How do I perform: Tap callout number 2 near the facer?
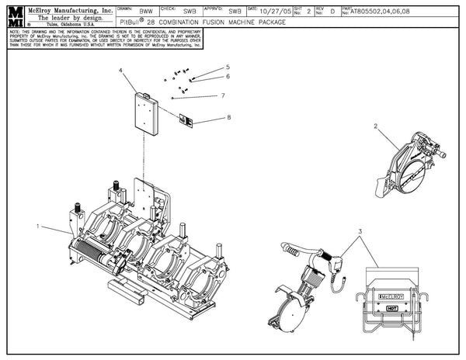pyautogui.click(x=375, y=126)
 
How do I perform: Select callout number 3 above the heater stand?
pyautogui.click(x=360, y=232)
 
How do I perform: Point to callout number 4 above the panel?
pyautogui.click(x=121, y=71)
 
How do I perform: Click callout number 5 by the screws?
pyautogui.click(x=228, y=67)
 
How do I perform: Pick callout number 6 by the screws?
pyautogui.click(x=228, y=76)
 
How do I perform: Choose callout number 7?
pyautogui.click(x=222, y=95)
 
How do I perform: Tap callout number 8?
pyautogui.click(x=228, y=117)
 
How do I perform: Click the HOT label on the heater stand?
pyautogui.click(x=392, y=307)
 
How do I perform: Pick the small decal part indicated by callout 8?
pyautogui.click(x=186, y=119)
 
